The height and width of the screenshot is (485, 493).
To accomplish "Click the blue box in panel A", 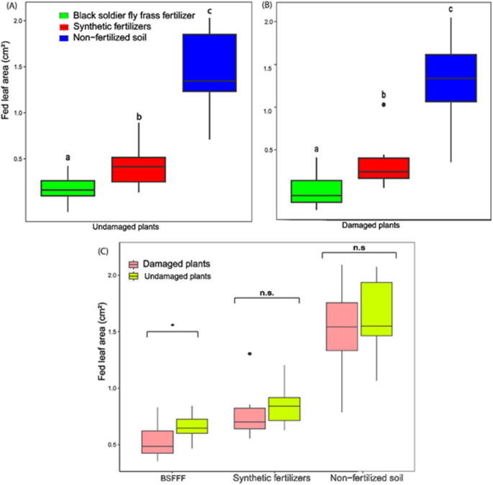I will (209, 63).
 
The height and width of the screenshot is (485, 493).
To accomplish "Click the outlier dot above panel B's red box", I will (384, 104).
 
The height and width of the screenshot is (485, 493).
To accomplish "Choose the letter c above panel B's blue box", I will (451, 9).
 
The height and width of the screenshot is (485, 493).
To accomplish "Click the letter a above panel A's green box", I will (68, 157).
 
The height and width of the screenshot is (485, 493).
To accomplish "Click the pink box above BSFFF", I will (157, 441).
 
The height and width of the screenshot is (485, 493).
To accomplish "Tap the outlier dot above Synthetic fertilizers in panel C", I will (250, 354).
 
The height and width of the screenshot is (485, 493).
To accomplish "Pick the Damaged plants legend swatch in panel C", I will (134, 264).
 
